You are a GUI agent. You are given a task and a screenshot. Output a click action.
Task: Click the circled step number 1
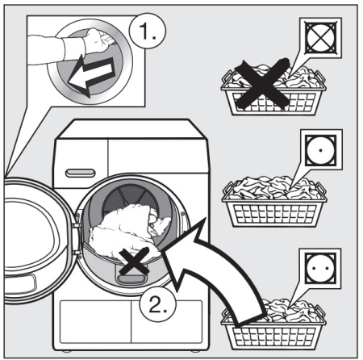pyautogui.click(x=148, y=31)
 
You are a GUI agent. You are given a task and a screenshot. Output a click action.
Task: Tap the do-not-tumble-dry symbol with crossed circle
pyautogui.click(x=320, y=37)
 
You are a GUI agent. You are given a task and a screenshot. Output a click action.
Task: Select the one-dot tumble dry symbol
pyautogui.click(x=321, y=150)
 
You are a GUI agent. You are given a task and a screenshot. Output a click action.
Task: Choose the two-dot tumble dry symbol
pyautogui.click(x=320, y=268)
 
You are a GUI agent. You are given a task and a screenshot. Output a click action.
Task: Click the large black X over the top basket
pyautogui.click(x=262, y=84)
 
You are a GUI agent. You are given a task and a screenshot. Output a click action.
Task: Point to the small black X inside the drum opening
pyautogui.click(x=134, y=261)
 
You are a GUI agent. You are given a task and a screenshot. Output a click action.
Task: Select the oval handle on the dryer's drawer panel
pyautogui.click(x=81, y=173)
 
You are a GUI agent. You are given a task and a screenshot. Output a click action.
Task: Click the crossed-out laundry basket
pyautogui.click(x=273, y=90)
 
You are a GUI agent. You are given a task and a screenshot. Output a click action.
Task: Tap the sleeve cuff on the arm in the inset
pyautogui.click(x=73, y=49)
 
